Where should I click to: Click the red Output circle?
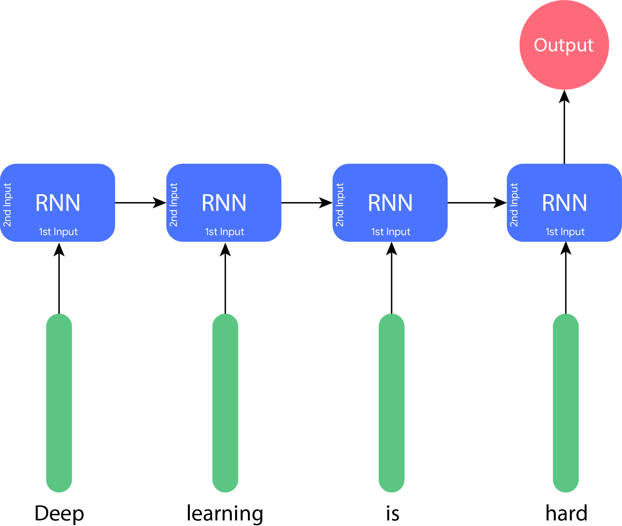pos(564,45)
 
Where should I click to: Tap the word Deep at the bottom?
pos(59,513)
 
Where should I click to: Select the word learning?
pos(225,513)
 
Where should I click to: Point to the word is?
pos(392,513)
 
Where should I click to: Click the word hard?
pos(566,513)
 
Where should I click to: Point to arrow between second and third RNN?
pos(307,203)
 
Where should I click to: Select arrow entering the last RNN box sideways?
pos(477,203)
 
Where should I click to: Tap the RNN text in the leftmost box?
pos(58,203)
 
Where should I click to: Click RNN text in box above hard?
pos(564,203)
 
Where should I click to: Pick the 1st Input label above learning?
pos(225,232)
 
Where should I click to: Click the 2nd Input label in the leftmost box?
pos(7,205)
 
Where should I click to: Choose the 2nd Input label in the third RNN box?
pos(340,205)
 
